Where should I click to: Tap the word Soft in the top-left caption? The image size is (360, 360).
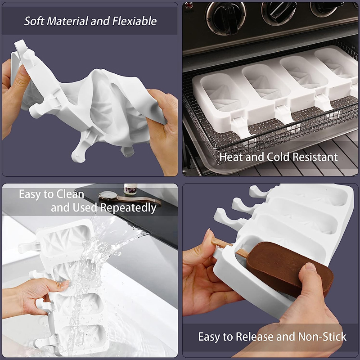pos(35,21)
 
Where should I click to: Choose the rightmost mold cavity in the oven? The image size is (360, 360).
pos(335,63)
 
